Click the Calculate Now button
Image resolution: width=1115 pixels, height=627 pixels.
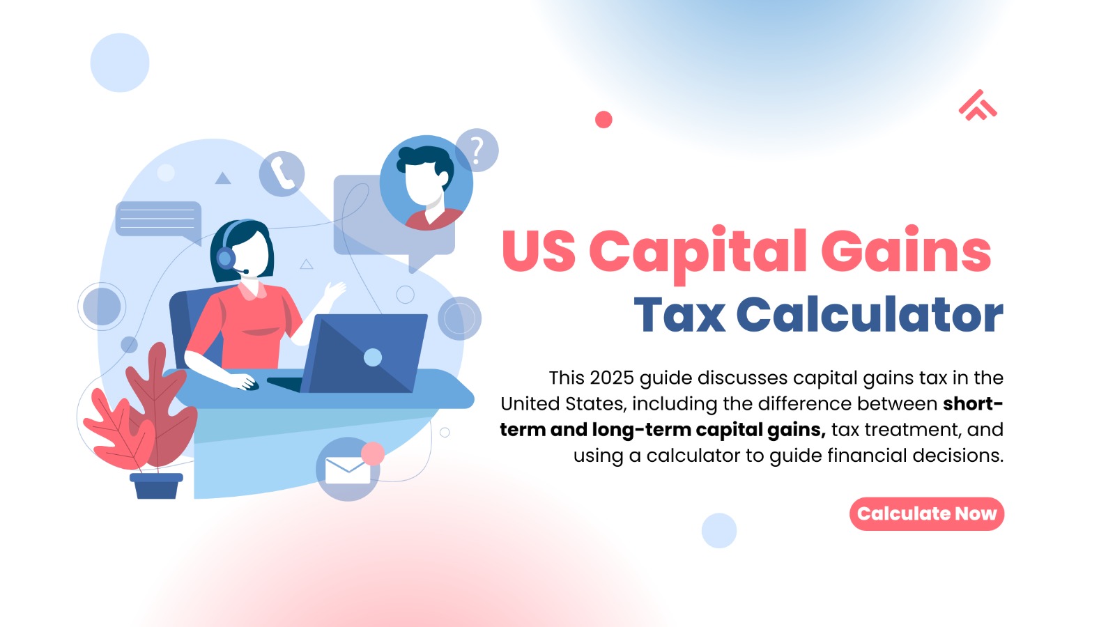[926, 514]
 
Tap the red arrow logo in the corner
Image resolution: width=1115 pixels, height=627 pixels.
[977, 106]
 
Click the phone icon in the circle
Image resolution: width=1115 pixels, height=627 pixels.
[282, 173]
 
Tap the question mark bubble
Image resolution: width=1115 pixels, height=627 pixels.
[477, 150]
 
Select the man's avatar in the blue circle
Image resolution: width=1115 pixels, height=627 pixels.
[426, 183]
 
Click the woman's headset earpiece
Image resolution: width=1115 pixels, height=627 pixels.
[225, 258]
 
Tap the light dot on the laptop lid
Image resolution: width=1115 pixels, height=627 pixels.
[373, 357]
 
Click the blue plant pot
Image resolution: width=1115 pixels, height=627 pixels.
[156, 486]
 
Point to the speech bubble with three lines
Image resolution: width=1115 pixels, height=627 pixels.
[158, 219]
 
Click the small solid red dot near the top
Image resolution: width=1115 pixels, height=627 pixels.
[603, 120]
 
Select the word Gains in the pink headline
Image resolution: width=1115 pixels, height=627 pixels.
[905, 252]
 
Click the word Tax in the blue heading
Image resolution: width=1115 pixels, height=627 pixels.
[679, 316]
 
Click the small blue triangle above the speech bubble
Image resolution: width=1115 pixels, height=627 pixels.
[223, 178]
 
